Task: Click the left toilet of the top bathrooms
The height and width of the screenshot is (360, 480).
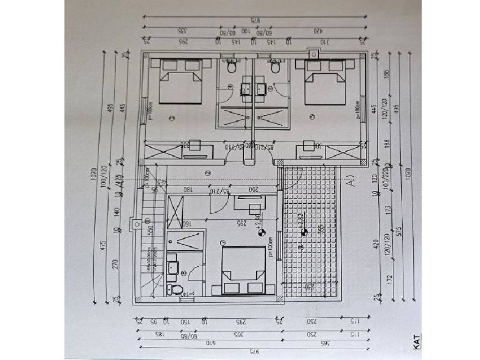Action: [231, 68]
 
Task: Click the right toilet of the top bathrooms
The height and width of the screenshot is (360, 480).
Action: [276, 68]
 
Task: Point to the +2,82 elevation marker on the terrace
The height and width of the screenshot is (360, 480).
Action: [304, 231]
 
